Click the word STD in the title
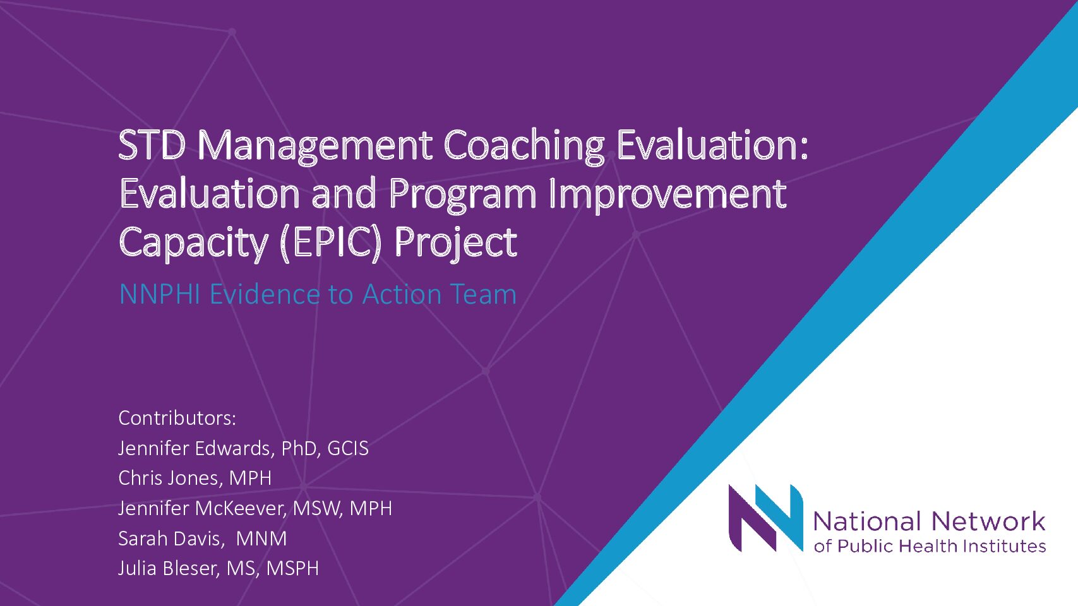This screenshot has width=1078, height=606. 152,145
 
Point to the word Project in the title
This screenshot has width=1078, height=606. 455,244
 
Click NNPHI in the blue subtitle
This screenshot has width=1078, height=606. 159,294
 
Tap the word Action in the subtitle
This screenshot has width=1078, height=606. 402,294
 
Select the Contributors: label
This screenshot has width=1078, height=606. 177,418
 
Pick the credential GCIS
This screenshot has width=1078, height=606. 348,448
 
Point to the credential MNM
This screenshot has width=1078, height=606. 261,538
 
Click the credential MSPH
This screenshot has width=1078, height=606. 292,569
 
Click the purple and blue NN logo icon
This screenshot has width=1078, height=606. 765,518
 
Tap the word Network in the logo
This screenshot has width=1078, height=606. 988,521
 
